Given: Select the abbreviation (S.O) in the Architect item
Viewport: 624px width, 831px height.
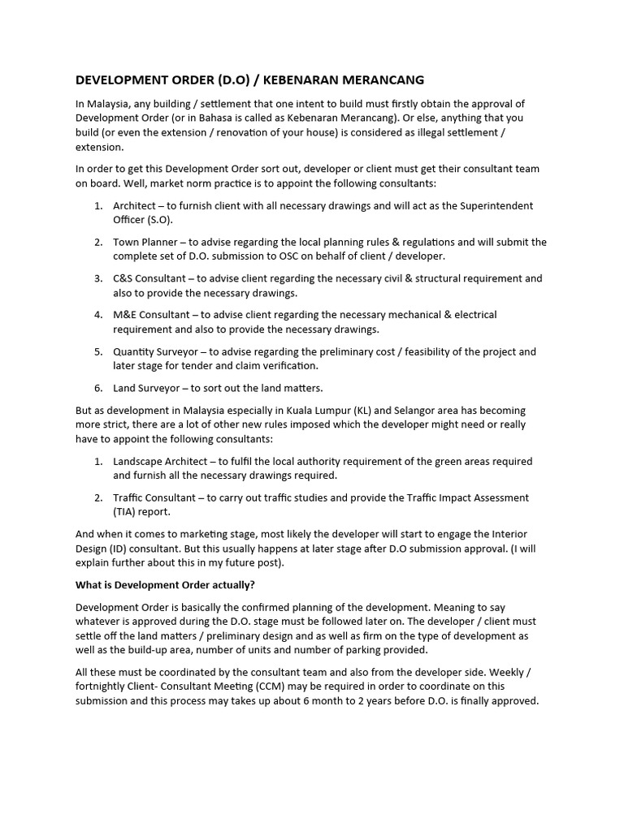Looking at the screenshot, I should click(156, 220).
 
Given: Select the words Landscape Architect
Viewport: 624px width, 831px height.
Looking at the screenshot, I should click(160, 461).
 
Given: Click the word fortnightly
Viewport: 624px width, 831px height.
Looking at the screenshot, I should click(106, 687).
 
